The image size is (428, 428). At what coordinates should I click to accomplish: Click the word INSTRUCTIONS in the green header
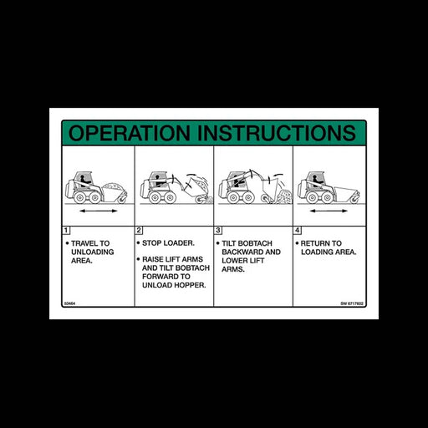click(x=267, y=133)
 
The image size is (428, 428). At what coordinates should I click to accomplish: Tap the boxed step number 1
click(x=66, y=229)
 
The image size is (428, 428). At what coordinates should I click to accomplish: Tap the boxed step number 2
click(x=140, y=229)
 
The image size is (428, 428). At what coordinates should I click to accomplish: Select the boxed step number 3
click(x=218, y=229)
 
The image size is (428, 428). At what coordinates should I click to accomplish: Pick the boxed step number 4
click(x=297, y=229)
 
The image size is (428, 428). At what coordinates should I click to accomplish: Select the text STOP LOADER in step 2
click(x=162, y=242)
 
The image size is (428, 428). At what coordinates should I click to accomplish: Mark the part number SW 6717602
click(x=352, y=303)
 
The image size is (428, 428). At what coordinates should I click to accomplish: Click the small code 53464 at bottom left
click(x=69, y=303)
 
